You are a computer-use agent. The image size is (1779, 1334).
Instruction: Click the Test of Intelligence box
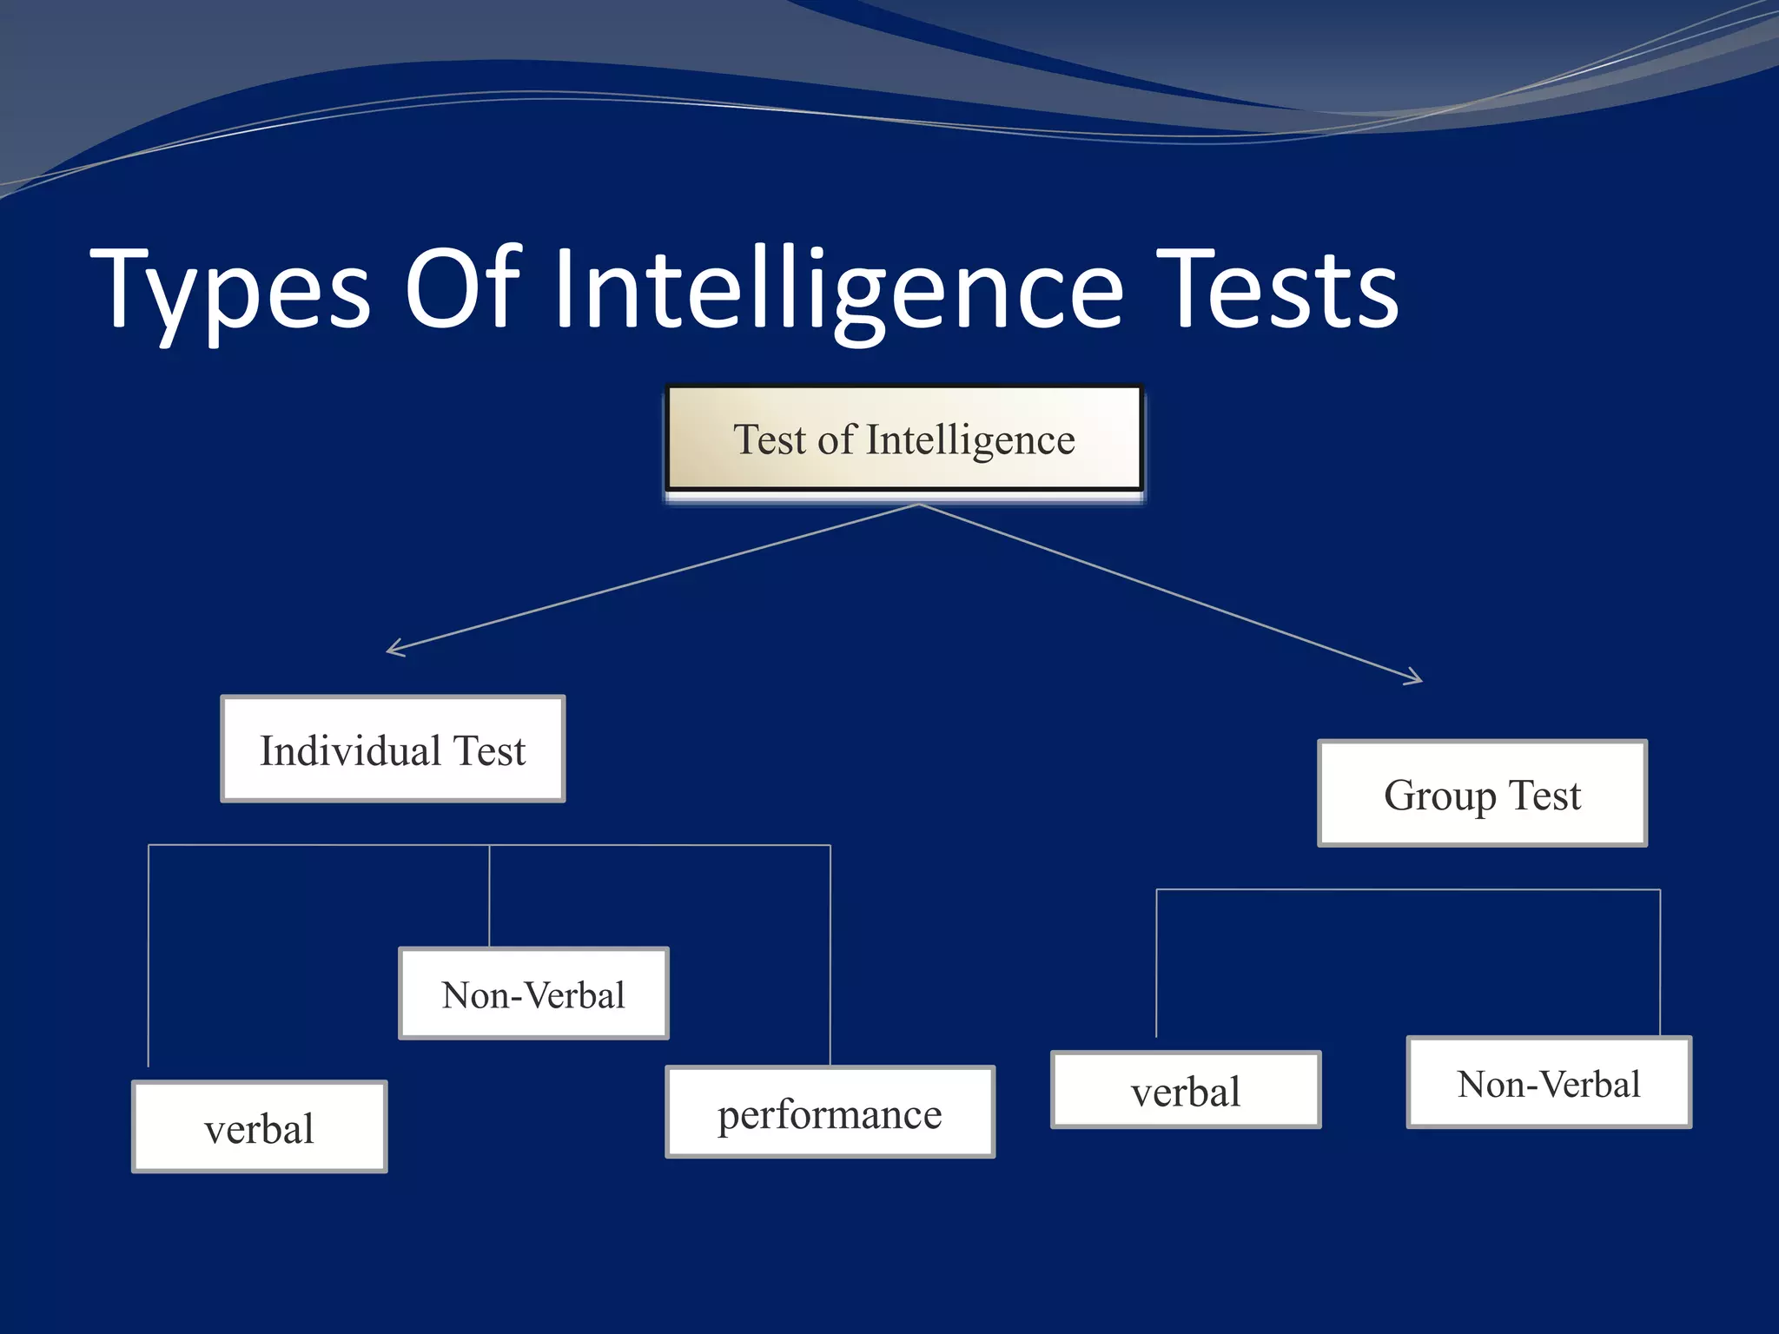click(x=903, y=439)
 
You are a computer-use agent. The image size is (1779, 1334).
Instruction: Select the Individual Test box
click(x=393, y=749)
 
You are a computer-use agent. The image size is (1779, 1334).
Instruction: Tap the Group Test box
click(x=1482, y=794)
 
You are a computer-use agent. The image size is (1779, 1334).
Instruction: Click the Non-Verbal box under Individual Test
click(x=533, y=994)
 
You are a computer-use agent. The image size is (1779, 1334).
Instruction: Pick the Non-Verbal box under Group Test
click(x=1549, y=1082)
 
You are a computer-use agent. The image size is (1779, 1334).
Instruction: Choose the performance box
click(x=830, y=1113)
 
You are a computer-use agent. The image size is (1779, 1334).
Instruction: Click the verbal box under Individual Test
click(x=259, y=1127)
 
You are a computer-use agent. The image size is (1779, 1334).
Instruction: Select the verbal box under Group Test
click(x=1186, y=1090)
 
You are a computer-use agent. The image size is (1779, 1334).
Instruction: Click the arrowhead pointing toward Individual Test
click(x=393, y=649)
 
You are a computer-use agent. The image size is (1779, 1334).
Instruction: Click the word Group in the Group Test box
click(x=1439, y=796)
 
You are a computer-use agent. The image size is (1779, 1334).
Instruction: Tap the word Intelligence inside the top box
click(x=970, y=440)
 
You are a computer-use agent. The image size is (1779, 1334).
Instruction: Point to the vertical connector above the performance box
click(x=830, y=955)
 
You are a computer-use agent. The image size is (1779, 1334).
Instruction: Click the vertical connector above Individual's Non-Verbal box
click(x=489, y=895)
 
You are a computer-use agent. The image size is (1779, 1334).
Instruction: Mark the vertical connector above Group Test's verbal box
click(x=1156, y=964)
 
